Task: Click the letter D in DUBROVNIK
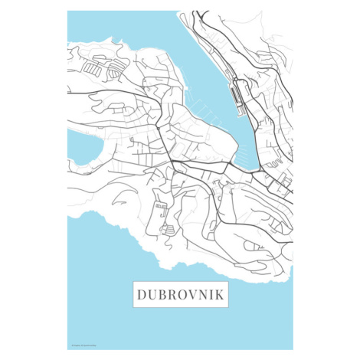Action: [141, 294]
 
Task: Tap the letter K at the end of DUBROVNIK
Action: [221, 294]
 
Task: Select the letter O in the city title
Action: [181, 294]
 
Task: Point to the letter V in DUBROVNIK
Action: [191, 294]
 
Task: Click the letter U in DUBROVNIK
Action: [152, 294]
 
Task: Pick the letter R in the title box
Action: [171, 294]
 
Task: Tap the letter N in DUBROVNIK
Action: [202, 294]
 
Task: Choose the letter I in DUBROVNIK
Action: [211, 294]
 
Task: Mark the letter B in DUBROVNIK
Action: [162, 294]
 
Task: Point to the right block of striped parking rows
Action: [114, 70]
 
